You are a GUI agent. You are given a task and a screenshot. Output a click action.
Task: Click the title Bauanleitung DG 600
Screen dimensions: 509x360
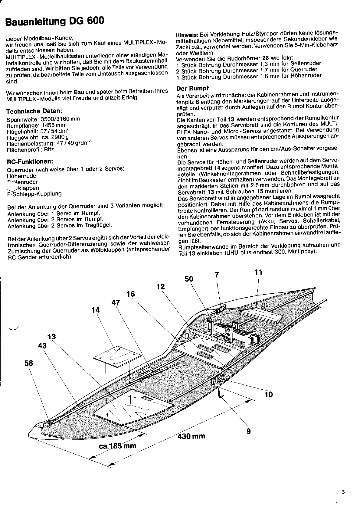tap(55, 21)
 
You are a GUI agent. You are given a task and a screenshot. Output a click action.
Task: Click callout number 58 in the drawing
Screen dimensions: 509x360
tap(29, 363)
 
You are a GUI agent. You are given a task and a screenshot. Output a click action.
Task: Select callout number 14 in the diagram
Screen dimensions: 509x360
tap(96, 310)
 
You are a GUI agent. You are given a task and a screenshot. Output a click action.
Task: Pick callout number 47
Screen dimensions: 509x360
tap(116, 302)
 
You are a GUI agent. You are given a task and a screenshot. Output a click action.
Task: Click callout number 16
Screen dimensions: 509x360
tap(131, 294)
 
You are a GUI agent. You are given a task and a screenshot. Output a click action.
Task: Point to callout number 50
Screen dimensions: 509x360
tap(189, 279)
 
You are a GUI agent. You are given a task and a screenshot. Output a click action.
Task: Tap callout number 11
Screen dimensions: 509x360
tap(258, 272)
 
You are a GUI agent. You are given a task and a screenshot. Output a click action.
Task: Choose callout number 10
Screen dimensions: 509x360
tap(268, 394)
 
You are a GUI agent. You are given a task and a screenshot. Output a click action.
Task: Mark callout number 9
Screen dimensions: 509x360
tap(249, 431)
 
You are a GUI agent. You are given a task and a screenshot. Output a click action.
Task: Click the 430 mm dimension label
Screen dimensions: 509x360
tap(191, 436)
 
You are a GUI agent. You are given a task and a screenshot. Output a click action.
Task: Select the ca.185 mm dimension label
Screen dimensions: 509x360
tap(118, 445)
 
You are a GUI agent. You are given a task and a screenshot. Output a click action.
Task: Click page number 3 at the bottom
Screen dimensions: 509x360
tap(343, 492)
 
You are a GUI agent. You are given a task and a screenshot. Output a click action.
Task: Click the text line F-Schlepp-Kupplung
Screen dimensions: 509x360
tap(34, 194)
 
